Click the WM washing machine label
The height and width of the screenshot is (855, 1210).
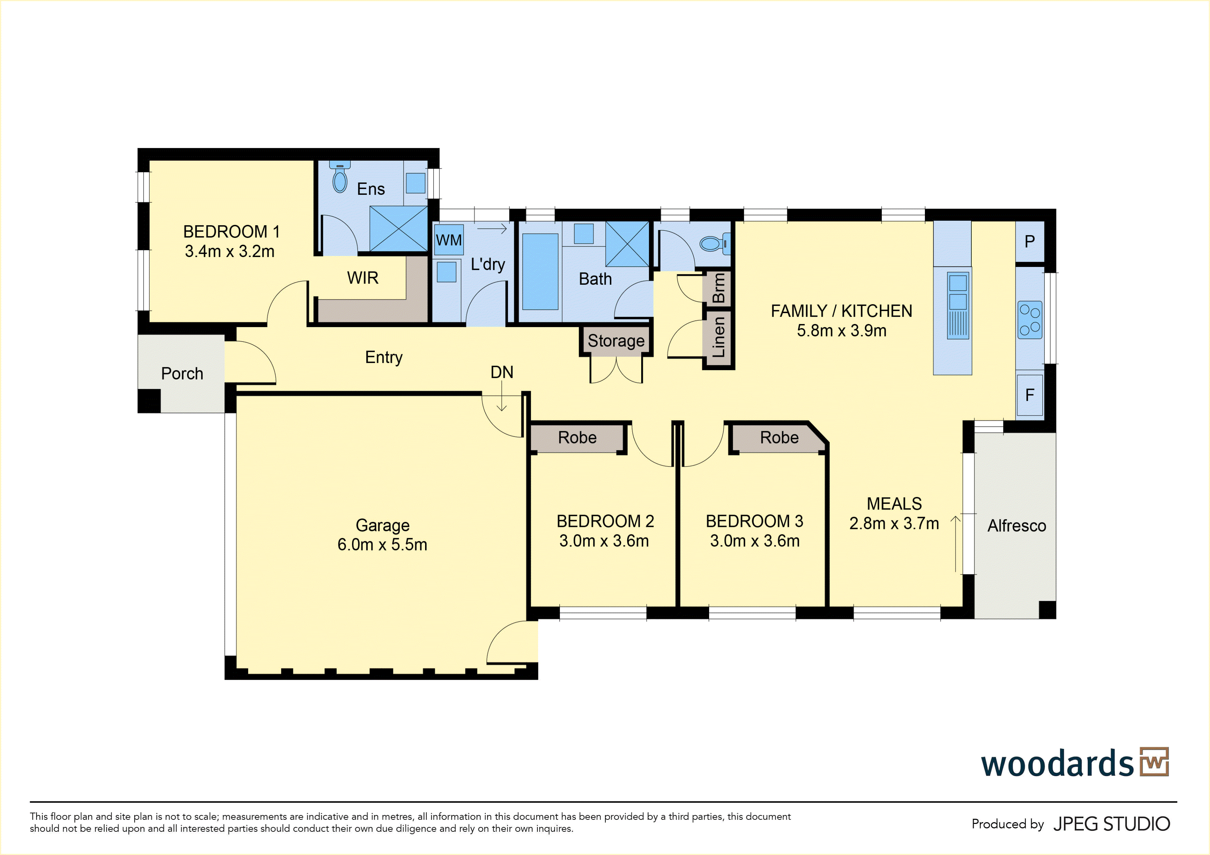[x=449, y=241]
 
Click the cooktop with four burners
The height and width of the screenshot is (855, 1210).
[x=1030, y=320]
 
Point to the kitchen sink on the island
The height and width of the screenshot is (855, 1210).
[x=958, y=306]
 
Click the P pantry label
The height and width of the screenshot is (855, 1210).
[x=1029, y=242]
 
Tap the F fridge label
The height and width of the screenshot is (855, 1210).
[x=1029, y=395]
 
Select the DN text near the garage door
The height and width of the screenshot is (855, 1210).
[x=502, y=372]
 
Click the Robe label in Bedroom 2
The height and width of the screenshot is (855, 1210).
[x=577, y=438]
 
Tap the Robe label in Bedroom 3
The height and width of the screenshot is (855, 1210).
[x=779, y=438]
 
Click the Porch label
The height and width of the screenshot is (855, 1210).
[x=182, y=374]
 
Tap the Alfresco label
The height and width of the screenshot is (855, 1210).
[x=1017, y=526]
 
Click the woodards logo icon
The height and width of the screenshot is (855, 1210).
[x=1154, y=762]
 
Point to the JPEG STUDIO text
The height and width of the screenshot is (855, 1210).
[x=1111, y=824]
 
